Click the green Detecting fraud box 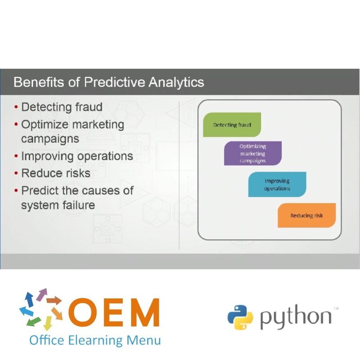point(232,125)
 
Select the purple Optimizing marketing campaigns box point(252,153)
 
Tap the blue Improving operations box point(277,184)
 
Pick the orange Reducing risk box point(306,215)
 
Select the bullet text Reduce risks point(56,173)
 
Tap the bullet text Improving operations point(77,156)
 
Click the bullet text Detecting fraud point(62,107)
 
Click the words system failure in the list point(58,205)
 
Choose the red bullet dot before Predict point(16,190)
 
